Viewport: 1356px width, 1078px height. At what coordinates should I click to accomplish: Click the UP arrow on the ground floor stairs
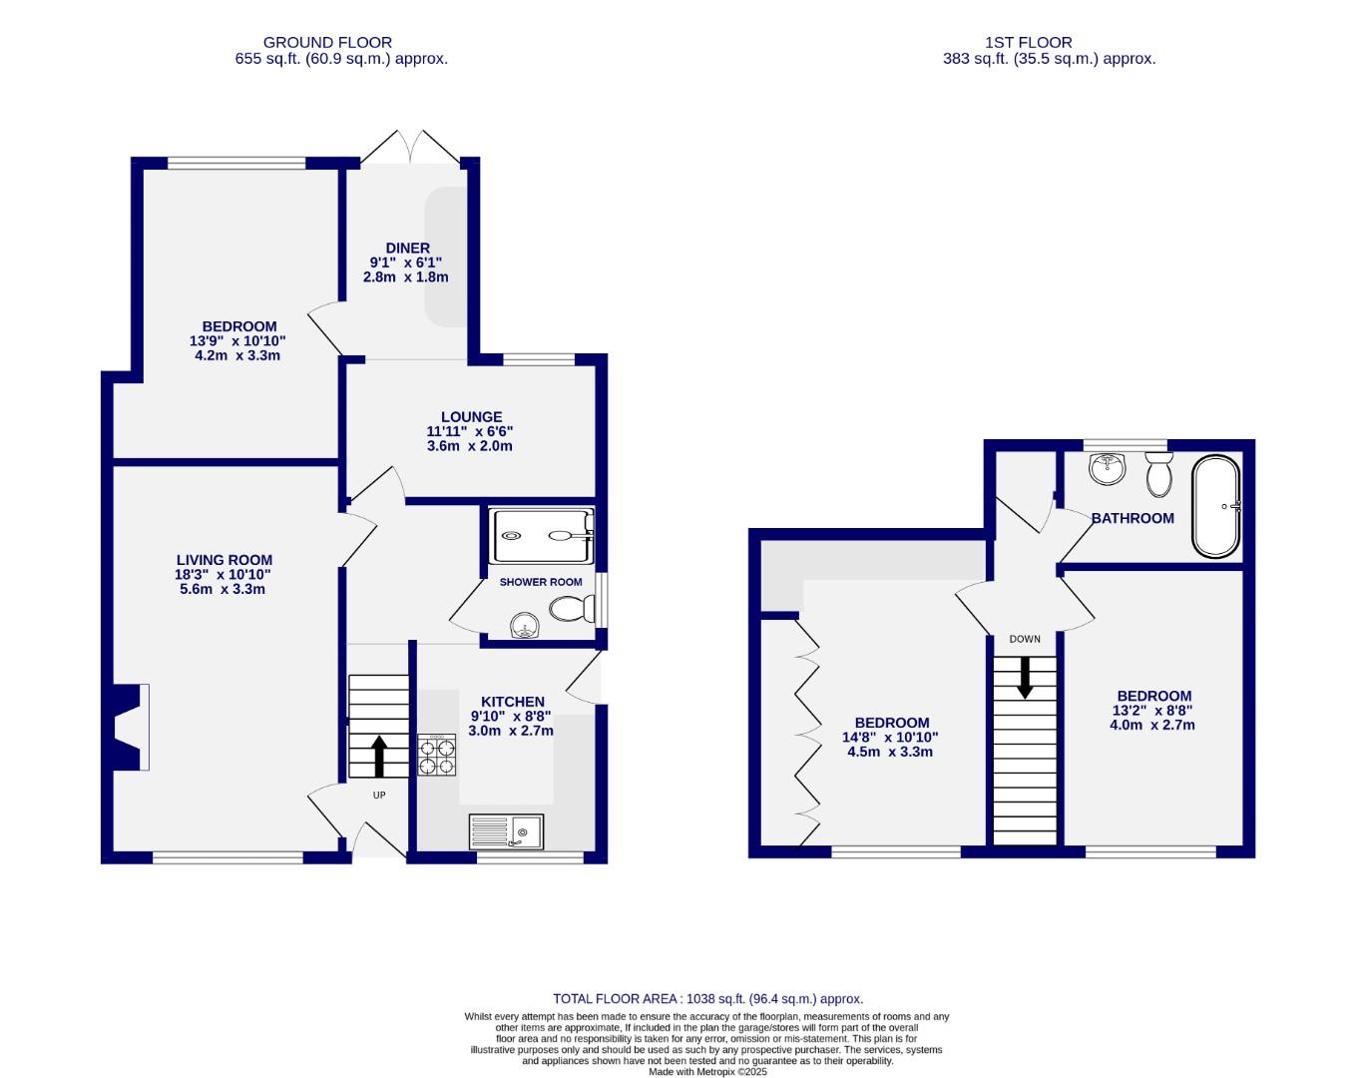(x=379, y=756)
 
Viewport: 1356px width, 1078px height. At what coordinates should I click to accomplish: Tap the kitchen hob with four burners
(x=436, y=756)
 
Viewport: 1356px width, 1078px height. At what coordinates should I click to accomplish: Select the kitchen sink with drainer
(x=506, y=831)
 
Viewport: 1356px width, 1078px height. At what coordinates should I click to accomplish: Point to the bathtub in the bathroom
(x=1216, y=507)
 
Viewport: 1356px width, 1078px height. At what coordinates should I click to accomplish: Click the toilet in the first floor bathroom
(x=1158, y=474)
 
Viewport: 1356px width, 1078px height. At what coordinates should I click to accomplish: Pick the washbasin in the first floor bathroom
(x=1107, y=468)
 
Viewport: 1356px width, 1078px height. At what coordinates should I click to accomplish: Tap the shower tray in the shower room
(x=541, y=535)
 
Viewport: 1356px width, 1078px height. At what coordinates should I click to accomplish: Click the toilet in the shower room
(x=574, y=607)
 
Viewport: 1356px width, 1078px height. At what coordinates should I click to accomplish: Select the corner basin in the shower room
(x=524, y=626)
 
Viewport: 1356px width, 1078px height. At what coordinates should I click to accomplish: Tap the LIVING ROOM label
(x=224, y=561)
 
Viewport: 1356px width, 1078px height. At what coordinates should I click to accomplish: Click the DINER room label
(x=407, y=248)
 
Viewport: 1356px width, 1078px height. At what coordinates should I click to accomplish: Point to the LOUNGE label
(x=471, y=417)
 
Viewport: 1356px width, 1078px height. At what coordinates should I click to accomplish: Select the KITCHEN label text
(x=512, y=702)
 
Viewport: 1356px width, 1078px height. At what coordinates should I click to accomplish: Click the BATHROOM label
(x=1132, y=518)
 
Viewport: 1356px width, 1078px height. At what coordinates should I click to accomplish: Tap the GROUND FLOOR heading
(x=327, y=42)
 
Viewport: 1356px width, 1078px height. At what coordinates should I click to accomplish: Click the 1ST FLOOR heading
(x=1028, y=42)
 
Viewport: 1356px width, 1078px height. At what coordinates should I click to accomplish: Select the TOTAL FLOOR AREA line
(x=707, y=998)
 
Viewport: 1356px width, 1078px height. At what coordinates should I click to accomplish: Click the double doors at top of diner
(x=410, y=148)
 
